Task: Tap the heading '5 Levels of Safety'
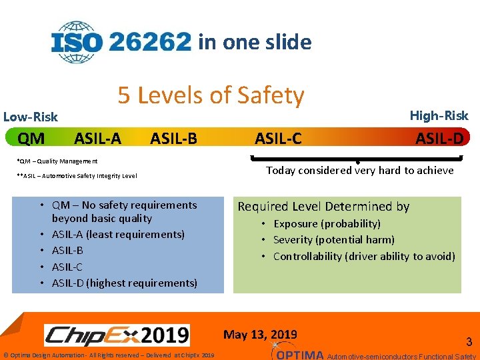pyautogui.click(x=211, y=96)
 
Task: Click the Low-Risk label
pyautogui.click(x=31, y=117)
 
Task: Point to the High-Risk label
pyautogui.click(x=439, y=115)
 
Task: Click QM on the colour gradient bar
pyautogui.click(x=31, y=139)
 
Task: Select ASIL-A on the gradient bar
pyautogui.click(x=97, y=139)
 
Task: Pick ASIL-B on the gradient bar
pyautogui.click(x=173, y=139)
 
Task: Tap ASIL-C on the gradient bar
pyautogui.click(x=278, y=139)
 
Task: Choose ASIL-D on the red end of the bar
pyautogui.click(x=439, y=138)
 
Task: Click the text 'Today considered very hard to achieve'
pyautogui.click(x=360, y=170)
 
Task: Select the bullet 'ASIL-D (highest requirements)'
pyautogui.click(x=124, y=283)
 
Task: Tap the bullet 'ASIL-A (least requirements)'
pyautogui.click(x=118, y=234)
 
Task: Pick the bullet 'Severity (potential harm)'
pyautogui.click(x=333, y=239)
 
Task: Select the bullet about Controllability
pyautogui.click(x=363, y=256)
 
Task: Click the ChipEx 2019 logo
pyautogui.click(x=117, y=335)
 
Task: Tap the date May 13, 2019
pyautogui.click(x=260, y=334)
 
